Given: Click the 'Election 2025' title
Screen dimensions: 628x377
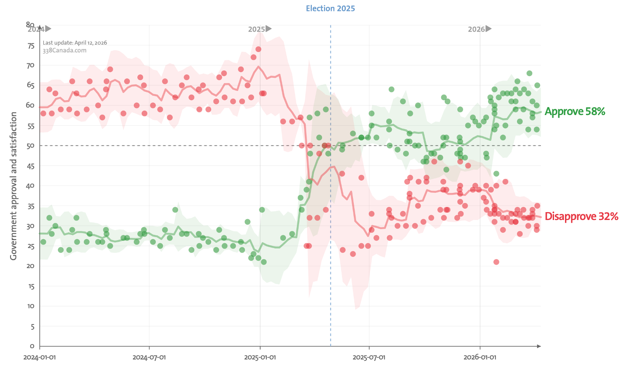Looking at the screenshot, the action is (330, 8).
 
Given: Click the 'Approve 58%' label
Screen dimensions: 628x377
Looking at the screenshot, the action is (575, 112).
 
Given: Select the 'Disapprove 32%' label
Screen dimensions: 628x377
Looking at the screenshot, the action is (582, 216).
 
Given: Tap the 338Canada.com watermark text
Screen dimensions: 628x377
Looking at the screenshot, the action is (64, 50).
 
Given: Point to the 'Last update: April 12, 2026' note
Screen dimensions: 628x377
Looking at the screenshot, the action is (75, 42).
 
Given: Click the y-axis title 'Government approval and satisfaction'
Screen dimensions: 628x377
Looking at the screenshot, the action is (13, 186).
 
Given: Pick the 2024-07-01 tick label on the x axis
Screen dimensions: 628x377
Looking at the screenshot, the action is (149, 357).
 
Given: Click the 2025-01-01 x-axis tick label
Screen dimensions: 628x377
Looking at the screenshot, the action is (260, 357).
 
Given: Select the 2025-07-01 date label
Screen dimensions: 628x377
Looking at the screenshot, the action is (369, 357).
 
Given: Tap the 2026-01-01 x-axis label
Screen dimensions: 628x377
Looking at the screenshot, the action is (480, 357).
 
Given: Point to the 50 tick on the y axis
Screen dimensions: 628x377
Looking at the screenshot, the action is (31, 146).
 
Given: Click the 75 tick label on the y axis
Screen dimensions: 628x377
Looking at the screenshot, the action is (31, 45).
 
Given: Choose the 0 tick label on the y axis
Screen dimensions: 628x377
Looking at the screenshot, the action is (32, 346).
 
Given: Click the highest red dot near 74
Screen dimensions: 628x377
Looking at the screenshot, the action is (258, 49).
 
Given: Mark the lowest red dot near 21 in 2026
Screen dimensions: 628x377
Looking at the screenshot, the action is (496, 262).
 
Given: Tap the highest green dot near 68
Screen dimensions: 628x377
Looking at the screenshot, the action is (529, 73).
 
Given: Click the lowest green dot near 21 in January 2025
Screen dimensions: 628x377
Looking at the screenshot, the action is (264, 262).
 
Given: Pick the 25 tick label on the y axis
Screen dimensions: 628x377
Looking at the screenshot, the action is (31, 246).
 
